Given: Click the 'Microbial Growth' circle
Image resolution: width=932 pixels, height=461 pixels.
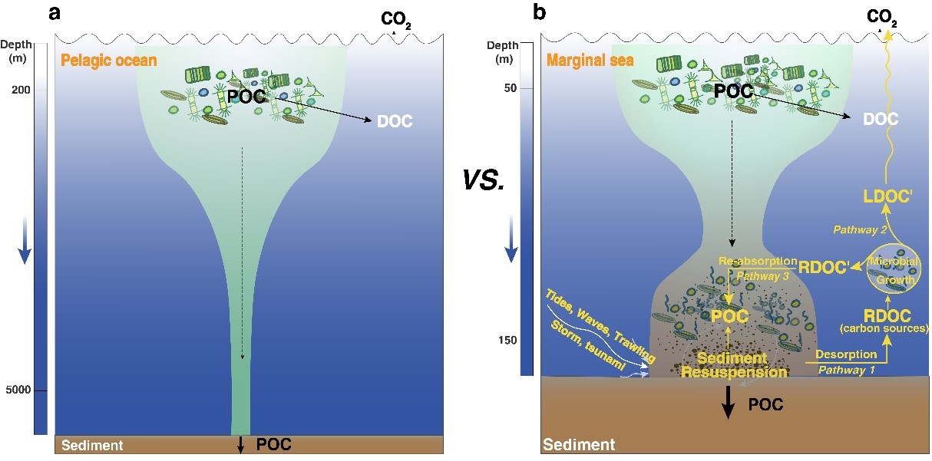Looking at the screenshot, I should (892, 271).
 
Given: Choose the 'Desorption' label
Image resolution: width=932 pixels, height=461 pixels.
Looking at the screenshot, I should (841, 354).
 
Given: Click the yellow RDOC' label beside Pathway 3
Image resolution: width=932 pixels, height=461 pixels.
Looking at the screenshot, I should (828, 268).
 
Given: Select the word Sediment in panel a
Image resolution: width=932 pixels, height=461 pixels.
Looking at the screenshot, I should (91, 445).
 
